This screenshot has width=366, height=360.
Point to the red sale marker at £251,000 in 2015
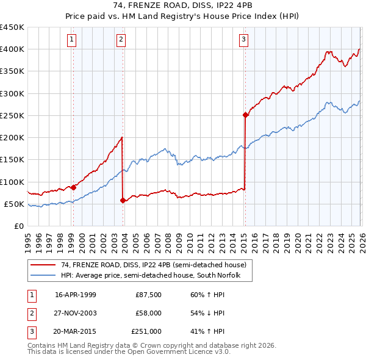coord(245,115)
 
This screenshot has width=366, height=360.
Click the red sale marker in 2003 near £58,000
coord(123,200)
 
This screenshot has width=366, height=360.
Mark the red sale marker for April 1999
coord(74,187)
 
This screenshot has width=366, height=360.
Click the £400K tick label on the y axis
coord(12,49)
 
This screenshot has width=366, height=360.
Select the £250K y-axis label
coord(12,115)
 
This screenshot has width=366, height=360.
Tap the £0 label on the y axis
coord(18,226)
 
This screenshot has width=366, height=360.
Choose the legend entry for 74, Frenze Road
coord(153,265)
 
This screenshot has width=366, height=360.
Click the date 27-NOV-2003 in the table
coord(76,313)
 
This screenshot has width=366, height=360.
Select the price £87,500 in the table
coord(148,295)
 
